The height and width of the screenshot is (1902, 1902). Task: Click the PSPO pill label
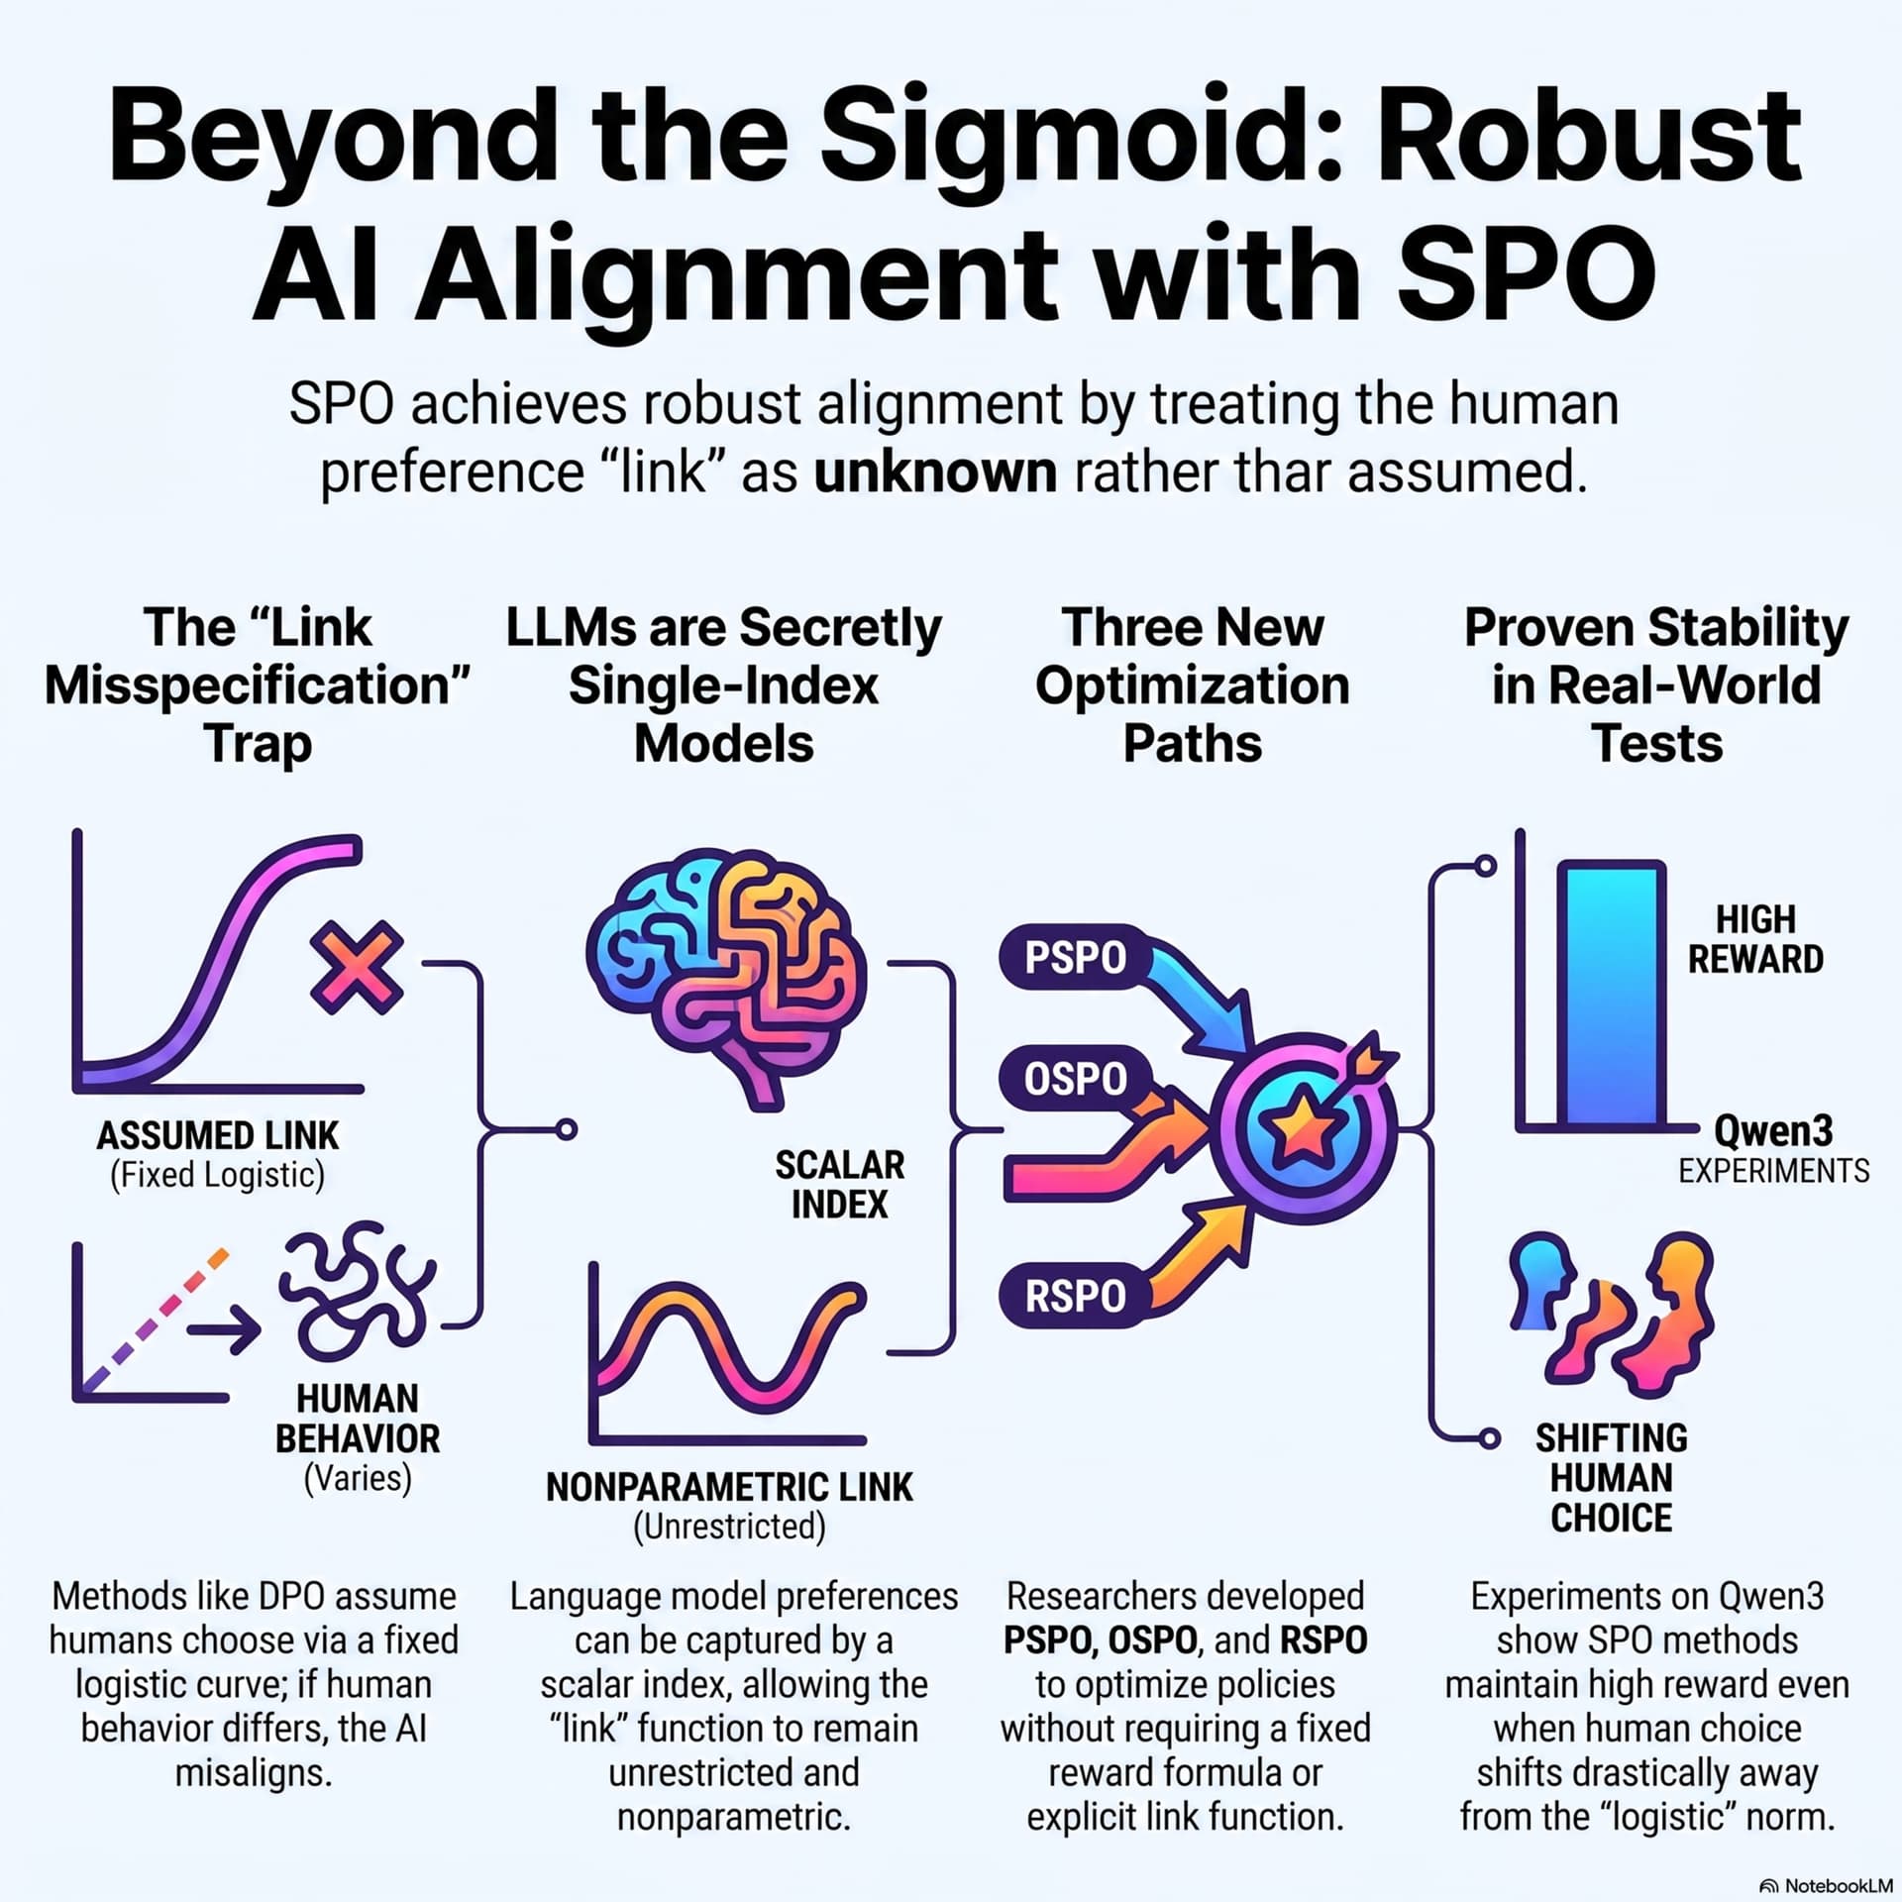click(x=1076, y=958)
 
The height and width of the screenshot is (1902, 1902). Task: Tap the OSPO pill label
click(x=1076, y=1078)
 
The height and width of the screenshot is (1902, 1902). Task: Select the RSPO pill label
click(x=1076, y=1296)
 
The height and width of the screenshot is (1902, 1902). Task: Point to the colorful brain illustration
click(x=726, y=976)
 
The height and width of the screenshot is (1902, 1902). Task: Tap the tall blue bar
click(x=1612, y=994)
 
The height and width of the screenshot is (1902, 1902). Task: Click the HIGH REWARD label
click(x=1755, y=939)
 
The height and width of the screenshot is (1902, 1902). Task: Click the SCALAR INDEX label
click(x=840, y=1184)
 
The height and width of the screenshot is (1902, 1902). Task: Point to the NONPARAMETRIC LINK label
click(x=729, y=1487)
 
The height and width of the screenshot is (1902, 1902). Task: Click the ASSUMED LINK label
click(x=218, y=1135)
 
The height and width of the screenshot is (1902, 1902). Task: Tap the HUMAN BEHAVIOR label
click(x=358, y=1419)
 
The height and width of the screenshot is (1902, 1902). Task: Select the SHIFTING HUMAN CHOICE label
click(x=1612, y=1477)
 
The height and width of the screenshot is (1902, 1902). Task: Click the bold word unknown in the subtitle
click(x=935, y=473)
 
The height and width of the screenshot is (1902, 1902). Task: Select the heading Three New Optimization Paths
click(x=1193, y=686)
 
